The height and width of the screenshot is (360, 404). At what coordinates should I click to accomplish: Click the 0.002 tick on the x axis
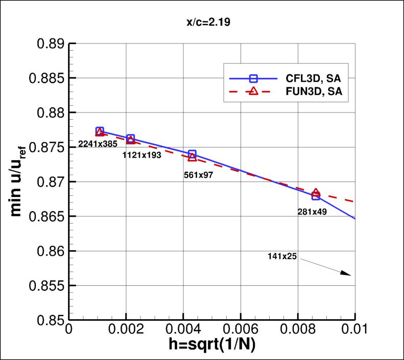point(126,329)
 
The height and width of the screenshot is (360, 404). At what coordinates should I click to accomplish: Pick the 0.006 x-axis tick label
point(241,329)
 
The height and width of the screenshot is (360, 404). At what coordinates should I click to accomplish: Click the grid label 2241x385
point(98,145)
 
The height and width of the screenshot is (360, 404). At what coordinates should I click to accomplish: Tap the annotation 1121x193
point(141,155)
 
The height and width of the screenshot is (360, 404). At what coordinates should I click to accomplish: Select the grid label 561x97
point(198,175)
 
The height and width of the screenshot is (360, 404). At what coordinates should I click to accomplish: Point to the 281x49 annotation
point(312,211)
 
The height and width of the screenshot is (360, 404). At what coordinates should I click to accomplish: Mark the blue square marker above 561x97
point(192,154)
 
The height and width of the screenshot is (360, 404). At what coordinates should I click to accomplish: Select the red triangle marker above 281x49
point(316,193)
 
